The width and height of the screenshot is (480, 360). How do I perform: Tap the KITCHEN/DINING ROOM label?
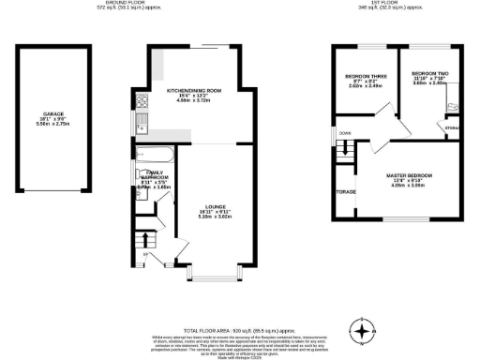pos(194,91)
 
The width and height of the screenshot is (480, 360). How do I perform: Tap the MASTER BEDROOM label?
pos(409,175)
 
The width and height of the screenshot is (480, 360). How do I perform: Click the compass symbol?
pos(361,330)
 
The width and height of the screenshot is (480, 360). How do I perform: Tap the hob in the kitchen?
pos(142,101)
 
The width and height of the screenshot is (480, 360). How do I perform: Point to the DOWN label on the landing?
pos(345,133)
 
